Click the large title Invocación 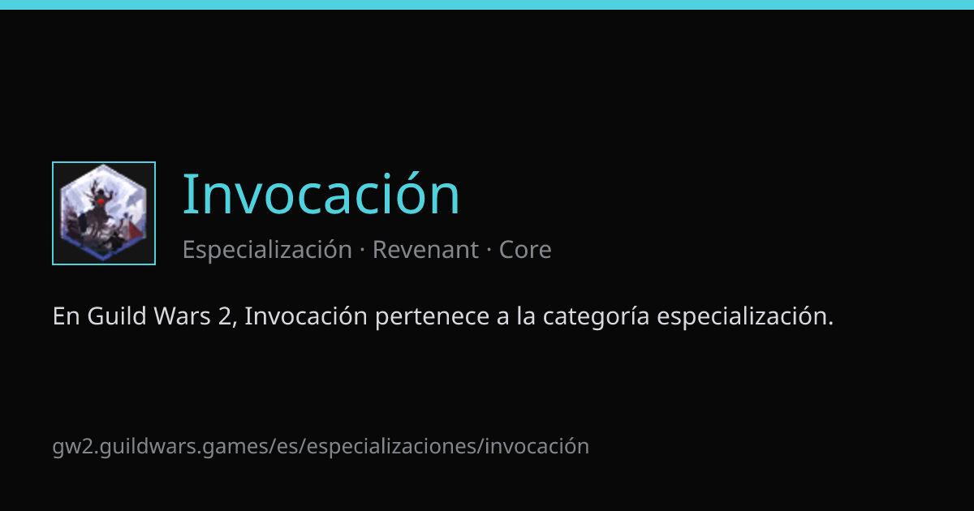[321, 194]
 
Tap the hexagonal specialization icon [104, 213]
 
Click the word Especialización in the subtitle [267, 250]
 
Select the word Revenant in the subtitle [425, 250]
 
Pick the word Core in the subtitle [525, 250]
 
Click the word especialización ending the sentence [745, 316]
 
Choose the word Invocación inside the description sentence [306, 316]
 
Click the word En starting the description [66, 316]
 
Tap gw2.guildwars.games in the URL [161, 447]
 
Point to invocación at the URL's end [537, 447]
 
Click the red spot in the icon [101, 201]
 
